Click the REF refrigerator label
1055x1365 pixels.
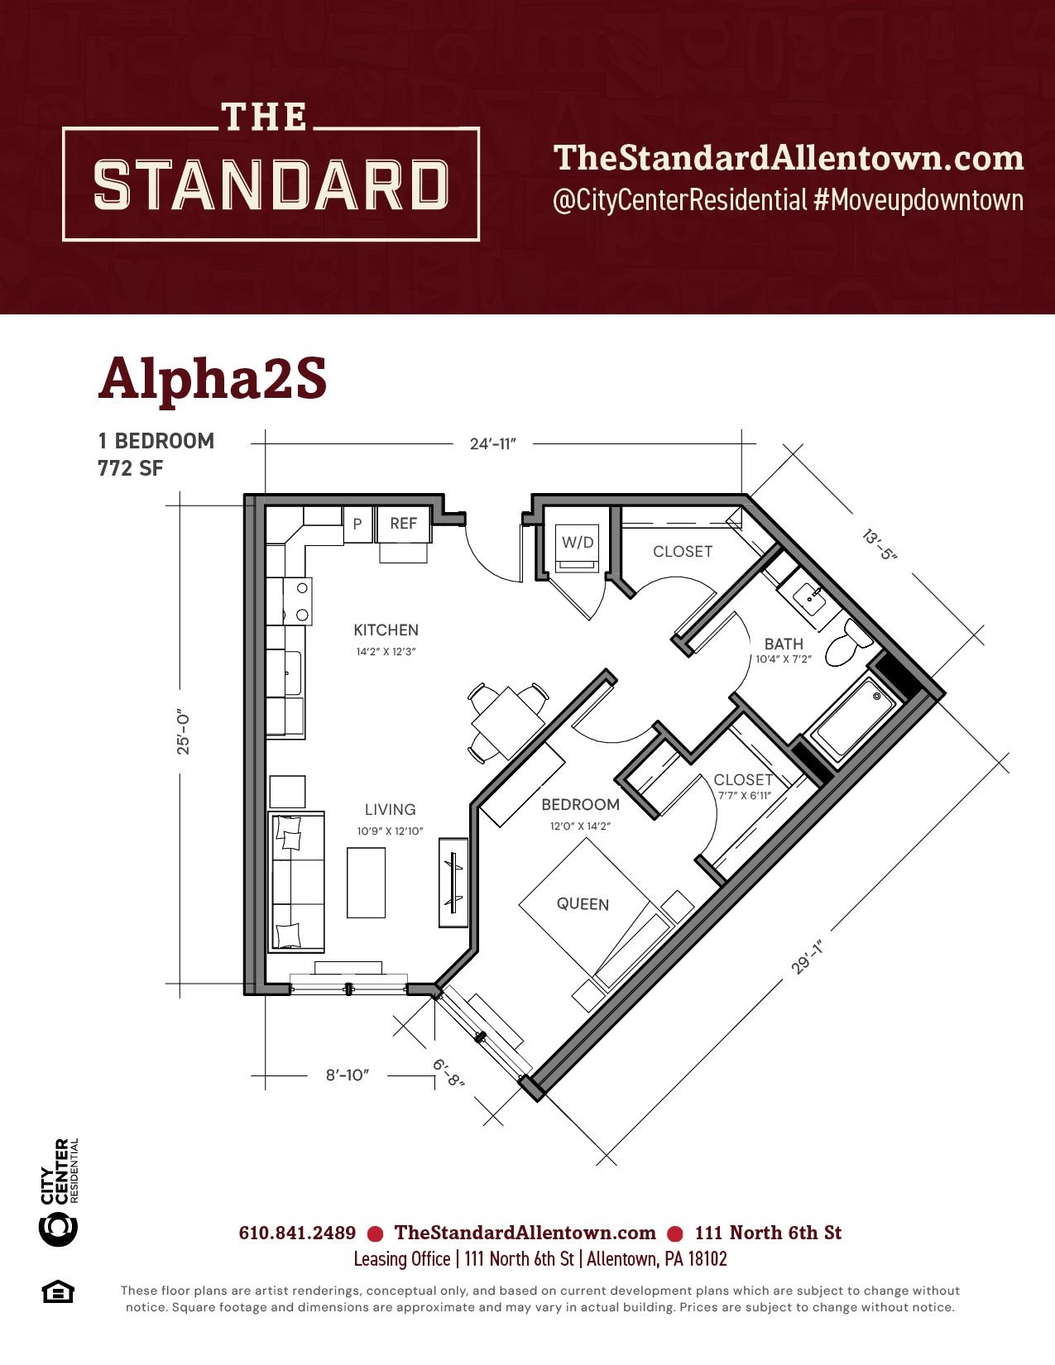pos(404,524)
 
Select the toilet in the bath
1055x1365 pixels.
pos(848,643)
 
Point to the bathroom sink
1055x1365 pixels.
pos(811,600)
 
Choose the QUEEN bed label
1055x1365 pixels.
pos(583,904)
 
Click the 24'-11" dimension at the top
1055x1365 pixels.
pos(492,444)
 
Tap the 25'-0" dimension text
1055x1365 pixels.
pos(183,733)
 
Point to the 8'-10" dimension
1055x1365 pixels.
pos(347,1075)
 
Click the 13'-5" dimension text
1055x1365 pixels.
pos(880,544)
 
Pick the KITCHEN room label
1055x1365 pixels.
pos(386,630)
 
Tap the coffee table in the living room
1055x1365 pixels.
pos(367,883)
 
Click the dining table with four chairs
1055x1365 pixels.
pos(508,723)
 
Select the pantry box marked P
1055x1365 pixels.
pos(357,524)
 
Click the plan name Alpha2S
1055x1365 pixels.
pos(213,380)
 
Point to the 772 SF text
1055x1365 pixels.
pos(131,468)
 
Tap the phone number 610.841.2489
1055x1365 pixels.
pos(297,1233)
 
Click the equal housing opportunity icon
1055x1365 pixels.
pos(58,1293)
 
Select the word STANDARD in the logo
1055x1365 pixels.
pos(271,184)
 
